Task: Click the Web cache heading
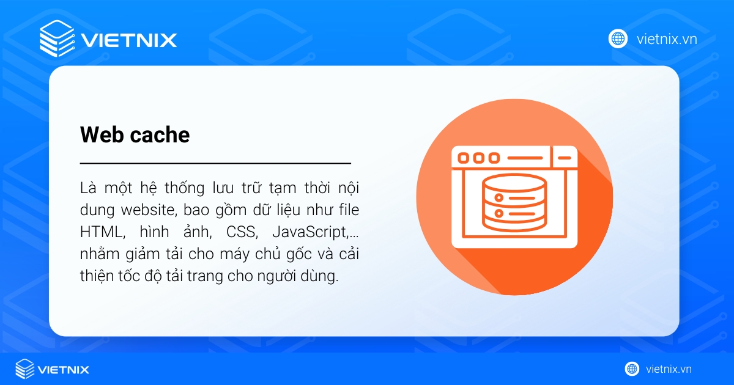(135, 134)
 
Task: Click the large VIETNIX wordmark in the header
(129, 40)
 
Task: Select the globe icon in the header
(618, 39)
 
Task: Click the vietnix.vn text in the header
(667, 39)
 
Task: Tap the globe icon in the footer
(632, 369)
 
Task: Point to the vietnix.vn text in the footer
(669, 369)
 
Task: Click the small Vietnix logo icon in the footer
(25, 369)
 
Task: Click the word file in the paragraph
(349, 210)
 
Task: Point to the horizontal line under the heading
(215, 163)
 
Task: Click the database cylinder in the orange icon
(514, 203)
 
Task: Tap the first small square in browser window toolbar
(463, 158)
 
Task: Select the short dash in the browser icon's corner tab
(564, 158)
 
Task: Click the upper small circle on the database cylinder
(499, 198)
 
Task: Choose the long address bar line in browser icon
(525, 158)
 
